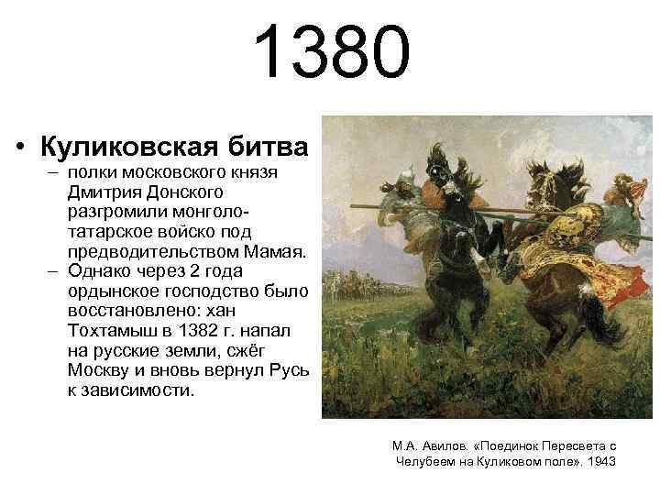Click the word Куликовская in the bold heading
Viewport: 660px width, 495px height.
(128, 147)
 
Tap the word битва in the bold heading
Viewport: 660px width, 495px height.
(262, 147)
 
